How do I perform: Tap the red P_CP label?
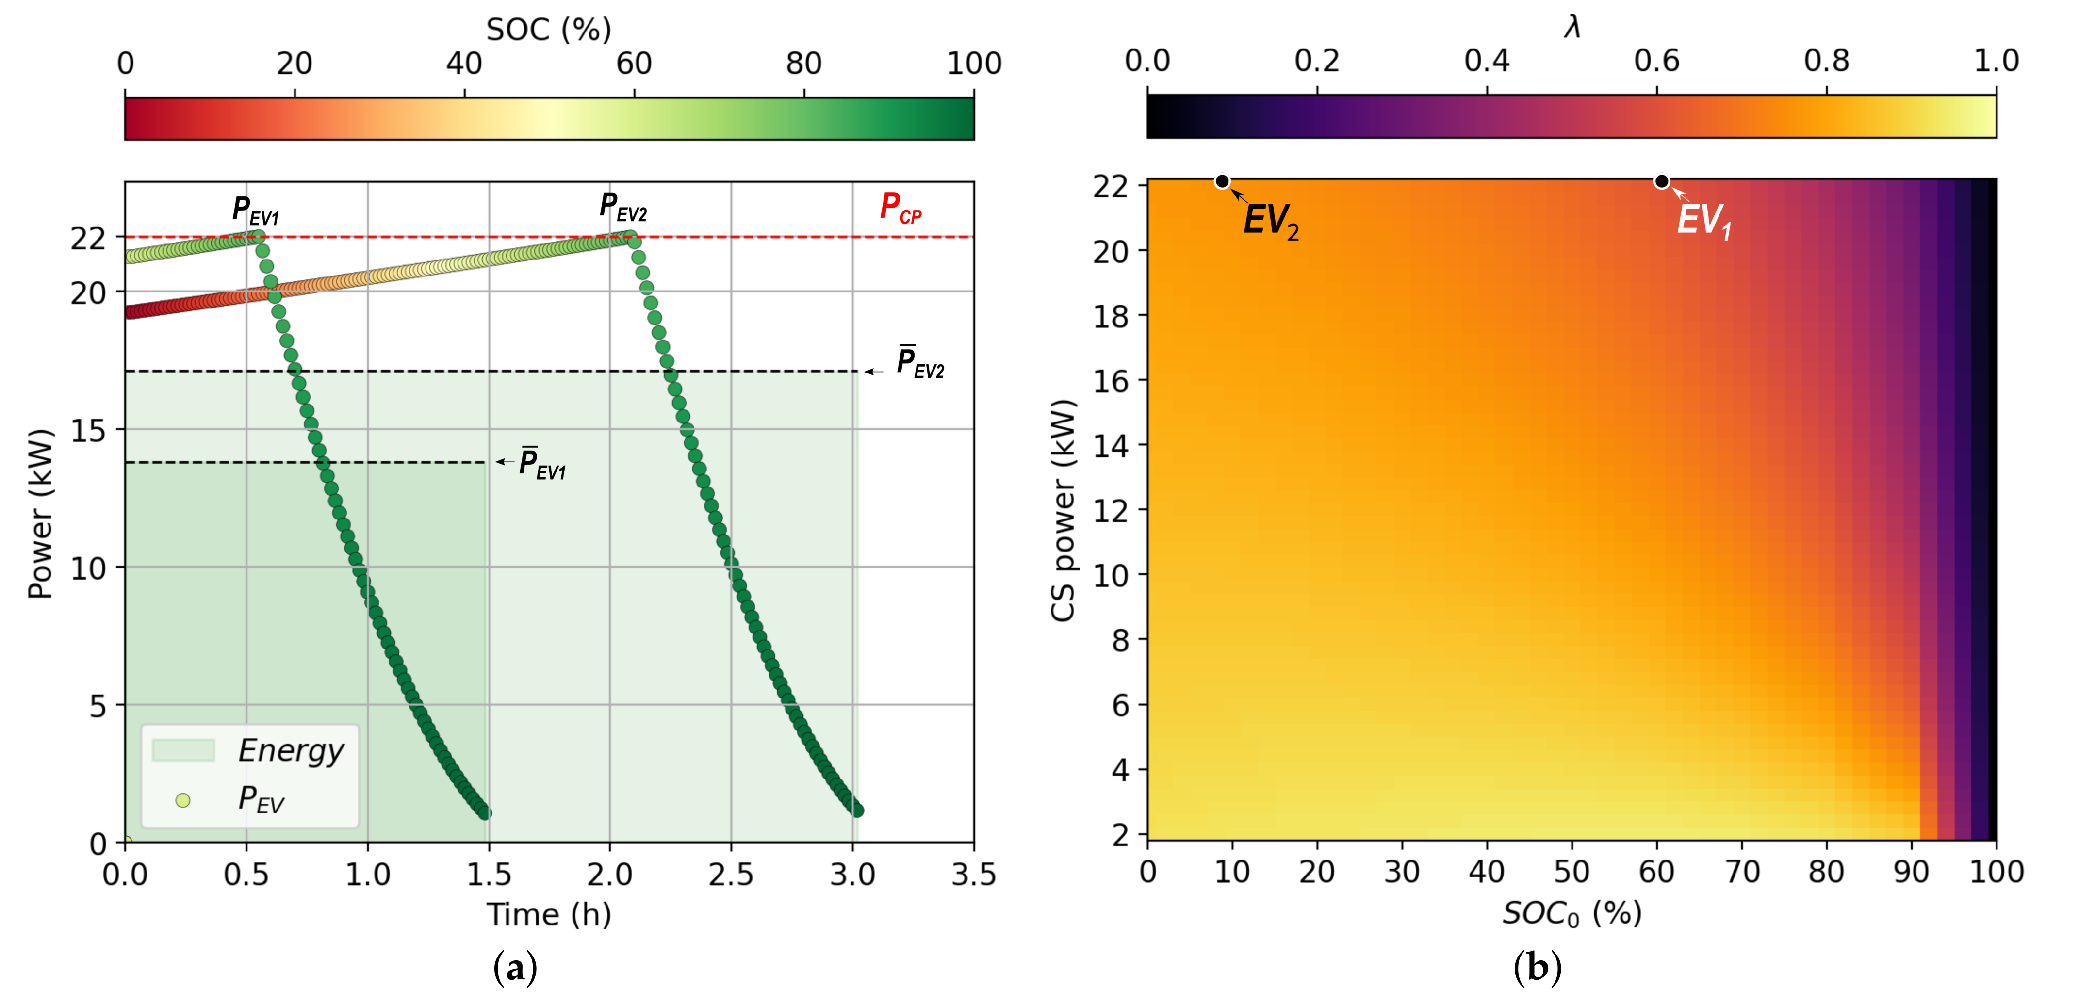pyautogui.click(x=900, y=208)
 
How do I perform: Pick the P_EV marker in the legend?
pyautogui.click(x=183, y=800)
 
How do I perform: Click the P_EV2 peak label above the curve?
pyautogui.click(x=622, y=207)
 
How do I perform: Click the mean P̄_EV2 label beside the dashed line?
pyautogui.click(x=920, y=362)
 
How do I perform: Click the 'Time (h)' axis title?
pyautogui.click(x=549, y=915)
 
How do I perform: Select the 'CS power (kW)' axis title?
pyautogui.click(x=1063, y=510)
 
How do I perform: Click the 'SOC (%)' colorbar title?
pyautogui.click(x=549, y=30)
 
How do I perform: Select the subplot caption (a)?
pyautogui.click(x=515, y=967)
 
